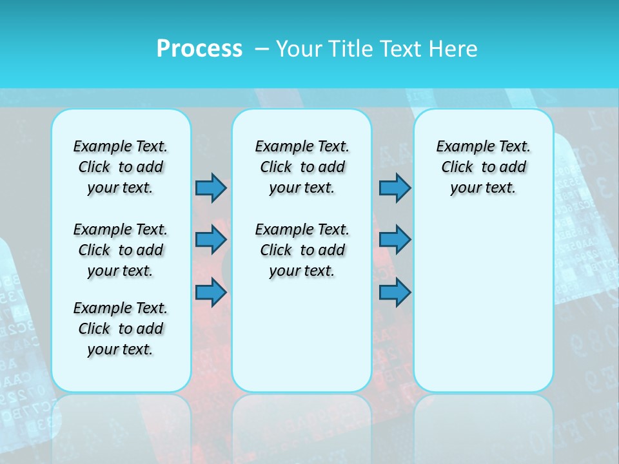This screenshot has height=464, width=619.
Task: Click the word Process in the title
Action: pos(199,48)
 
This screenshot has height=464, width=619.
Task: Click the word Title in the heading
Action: pos(351,48)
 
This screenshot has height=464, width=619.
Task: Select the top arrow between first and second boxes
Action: pos(211,188)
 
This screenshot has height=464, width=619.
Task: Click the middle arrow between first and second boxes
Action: pos(211,240)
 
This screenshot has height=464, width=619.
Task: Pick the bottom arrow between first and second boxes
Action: pos(211,293)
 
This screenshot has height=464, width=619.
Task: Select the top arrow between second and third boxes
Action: pos(395,188)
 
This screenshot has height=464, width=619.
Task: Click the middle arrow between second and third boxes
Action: pos(395,240)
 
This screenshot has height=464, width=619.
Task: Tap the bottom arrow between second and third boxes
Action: pos(395,293)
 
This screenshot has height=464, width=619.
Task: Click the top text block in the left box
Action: pos(121,167)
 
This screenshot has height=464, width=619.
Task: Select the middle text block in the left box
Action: pos(121,250)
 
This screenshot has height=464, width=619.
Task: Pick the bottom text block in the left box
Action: pos(121,329)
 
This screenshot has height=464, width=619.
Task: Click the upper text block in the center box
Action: pos(302,167)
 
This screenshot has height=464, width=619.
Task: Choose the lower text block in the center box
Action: pos(302,250)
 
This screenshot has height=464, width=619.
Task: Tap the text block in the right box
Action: pos(483,167)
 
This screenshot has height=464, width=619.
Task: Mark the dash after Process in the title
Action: pos(262,49)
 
